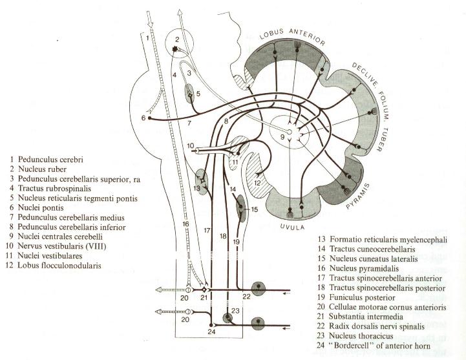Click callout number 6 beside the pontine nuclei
pyautogui.click(x=143, y=117)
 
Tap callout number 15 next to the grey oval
pyautogui.click(x=254, y=209)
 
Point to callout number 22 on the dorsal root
pyautogui.click(x=247, y=295)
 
